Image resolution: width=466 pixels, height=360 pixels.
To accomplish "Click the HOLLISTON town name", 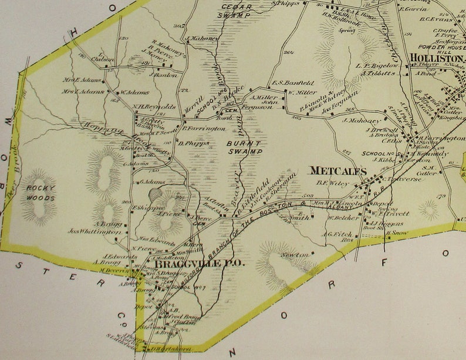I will point(436,58).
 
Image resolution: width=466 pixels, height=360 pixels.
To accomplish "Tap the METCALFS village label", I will point(337,171).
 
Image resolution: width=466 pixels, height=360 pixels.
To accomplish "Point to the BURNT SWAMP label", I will point(245,146).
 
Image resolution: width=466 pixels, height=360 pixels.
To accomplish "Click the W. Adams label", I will point(134,92).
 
